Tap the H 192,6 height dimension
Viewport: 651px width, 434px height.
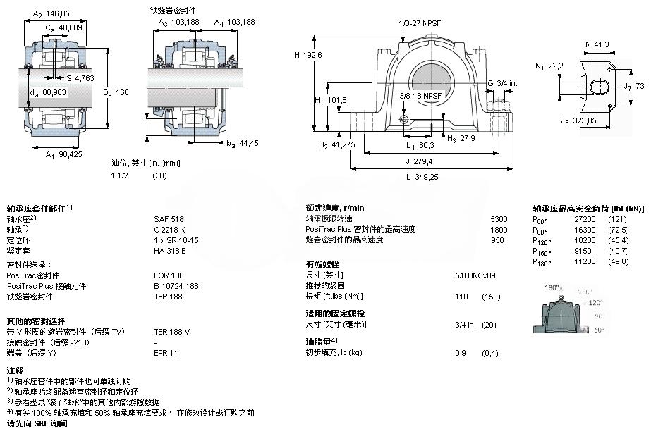coord(308,55)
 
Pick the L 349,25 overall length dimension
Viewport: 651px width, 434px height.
coord(422,177)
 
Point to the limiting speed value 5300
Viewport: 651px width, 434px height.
coord(498,219)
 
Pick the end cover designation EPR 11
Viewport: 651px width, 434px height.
coord(166,352)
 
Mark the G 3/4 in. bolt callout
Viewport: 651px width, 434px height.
coord(500,82)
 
